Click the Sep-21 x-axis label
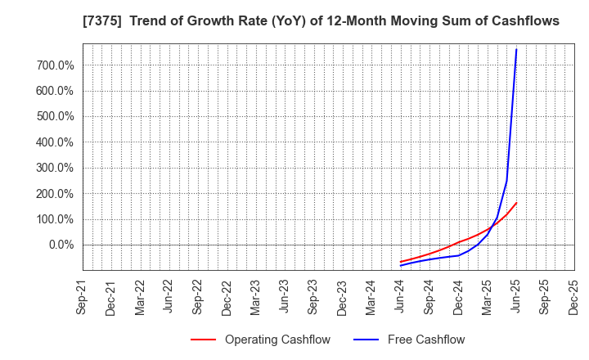[83, 298]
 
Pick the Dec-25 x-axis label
[573, 298]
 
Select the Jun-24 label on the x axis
[400, 298]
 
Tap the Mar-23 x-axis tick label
[256, 298]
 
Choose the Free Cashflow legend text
[425, 340]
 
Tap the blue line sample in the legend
[366, 340]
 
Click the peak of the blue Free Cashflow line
[516, 49]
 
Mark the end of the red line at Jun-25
[516, 203]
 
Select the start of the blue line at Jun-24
[401, 265]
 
